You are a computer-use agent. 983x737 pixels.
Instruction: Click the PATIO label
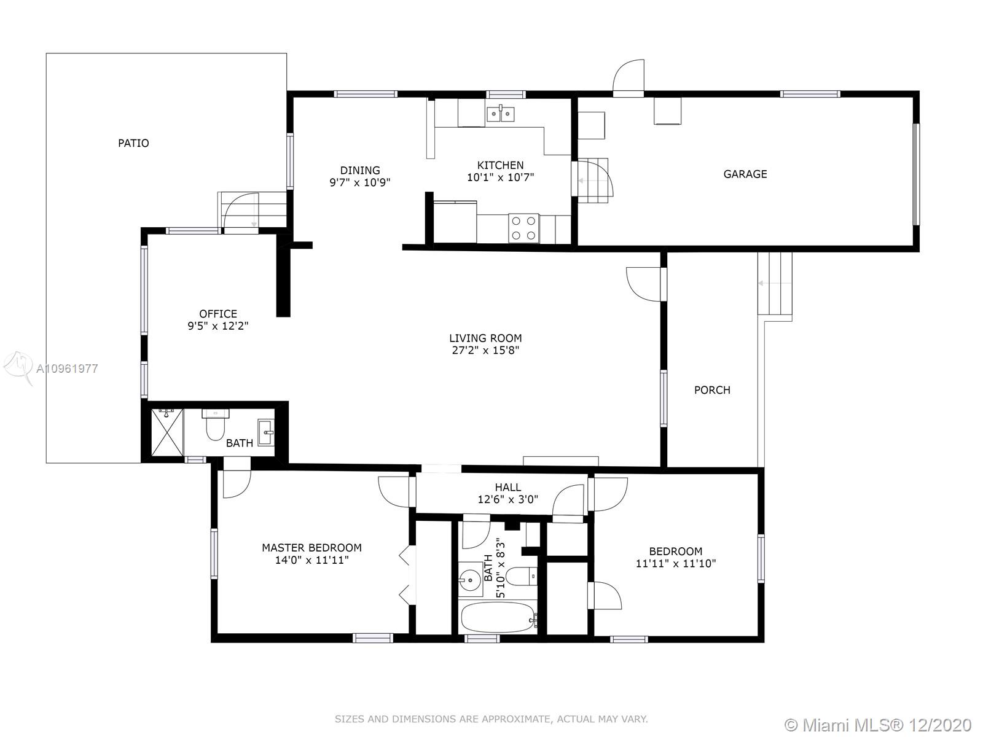tap(133, 143)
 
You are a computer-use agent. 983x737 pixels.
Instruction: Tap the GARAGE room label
tap(745, 174)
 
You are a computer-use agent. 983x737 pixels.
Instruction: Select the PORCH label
tap(712, 390)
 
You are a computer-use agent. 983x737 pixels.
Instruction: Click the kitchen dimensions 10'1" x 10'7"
tap(500, 177)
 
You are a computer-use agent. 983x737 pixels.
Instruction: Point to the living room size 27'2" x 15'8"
tap(485, 350)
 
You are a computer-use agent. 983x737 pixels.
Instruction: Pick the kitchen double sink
tap(500, 114)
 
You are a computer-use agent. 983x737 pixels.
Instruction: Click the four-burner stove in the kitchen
tap(523, 228)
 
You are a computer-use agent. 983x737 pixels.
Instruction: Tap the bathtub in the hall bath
tap(498, 617)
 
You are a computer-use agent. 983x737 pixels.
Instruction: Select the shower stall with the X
tap(167, 432)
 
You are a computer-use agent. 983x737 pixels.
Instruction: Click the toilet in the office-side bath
tap(216, 424)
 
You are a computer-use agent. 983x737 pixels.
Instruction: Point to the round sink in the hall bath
tap(470, 580)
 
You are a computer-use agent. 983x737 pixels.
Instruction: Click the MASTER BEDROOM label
tap(311, 548)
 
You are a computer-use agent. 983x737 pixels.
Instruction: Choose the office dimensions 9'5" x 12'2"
tap(218, 326)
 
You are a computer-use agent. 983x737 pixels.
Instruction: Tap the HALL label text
tap(508, 487)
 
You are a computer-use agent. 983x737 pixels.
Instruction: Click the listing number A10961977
tap(67, 368)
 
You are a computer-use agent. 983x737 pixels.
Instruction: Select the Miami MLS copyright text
tap(878, 725)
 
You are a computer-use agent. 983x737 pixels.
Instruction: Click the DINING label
tap(360, 171)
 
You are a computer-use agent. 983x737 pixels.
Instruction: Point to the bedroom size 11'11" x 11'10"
tap(676, 564)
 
